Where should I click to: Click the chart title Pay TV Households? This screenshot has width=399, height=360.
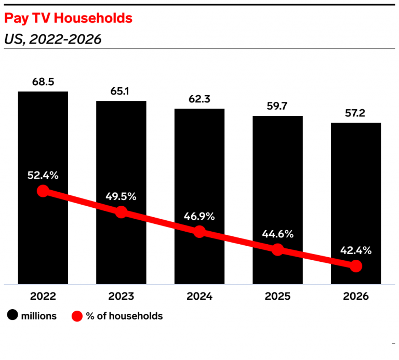pyautogui.click(x=68, y=19)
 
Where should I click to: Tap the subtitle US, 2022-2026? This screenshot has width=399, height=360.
pyautogui.click(x=52, y=39)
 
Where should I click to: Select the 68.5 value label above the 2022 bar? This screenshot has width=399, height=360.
pyautogui.click(x=43, y=82)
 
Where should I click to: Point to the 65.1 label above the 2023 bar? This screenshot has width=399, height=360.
pyautogui.click(x=121, y=91)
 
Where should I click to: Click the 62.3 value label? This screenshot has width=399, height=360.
pyautogui.click(x=199, y=99)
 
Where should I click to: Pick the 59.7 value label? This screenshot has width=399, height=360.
pyautogui.click(x=278, y=106)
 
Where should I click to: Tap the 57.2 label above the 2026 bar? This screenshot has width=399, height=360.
pyautogui.click(x=356, y=113)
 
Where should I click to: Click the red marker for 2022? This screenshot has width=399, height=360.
pyautogui.click(x=43, y=191)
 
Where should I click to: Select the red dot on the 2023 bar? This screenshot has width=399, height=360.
pyautogui.click(x=121, y=212)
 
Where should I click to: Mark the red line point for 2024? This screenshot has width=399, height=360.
pyautogui.click(x=199, y=232)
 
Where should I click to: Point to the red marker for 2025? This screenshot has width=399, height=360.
pyautogui.click(x=278, y=250)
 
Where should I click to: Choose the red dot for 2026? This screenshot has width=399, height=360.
pyautogui.click(x=356, y=266)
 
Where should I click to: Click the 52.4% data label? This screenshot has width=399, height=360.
pyautogui.click(x=43, y=175)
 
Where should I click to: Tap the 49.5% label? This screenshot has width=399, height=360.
pyautogui.click(x=121, y=196)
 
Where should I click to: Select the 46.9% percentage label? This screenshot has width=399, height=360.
pyautogui.click(x=199, y=216)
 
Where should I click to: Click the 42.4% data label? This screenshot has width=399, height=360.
pyautogui.click(x=356, y=250)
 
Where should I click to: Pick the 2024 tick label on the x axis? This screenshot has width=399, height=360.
pyautogui.click(x=199, y=297)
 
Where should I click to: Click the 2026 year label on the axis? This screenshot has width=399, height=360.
pyautogui.click(x=356, y=297)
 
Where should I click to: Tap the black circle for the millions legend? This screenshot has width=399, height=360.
pyautogui.click(x=12, y=316)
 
